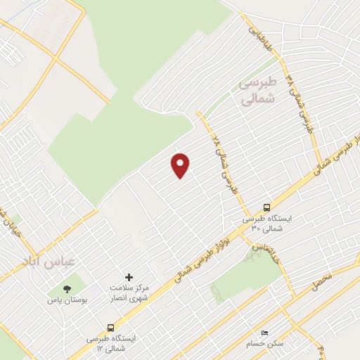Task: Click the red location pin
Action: pos(181,165)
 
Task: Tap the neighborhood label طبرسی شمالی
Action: pos(259,91)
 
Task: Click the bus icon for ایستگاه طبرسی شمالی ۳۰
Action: pos(266,207)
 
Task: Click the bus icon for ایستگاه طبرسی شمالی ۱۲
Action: pos(110,327)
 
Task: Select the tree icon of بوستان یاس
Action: pos(67,288)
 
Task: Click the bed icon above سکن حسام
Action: pos(264,332)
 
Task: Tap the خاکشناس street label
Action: pos(266,254)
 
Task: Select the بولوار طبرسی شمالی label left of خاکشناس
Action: pos(192,265)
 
